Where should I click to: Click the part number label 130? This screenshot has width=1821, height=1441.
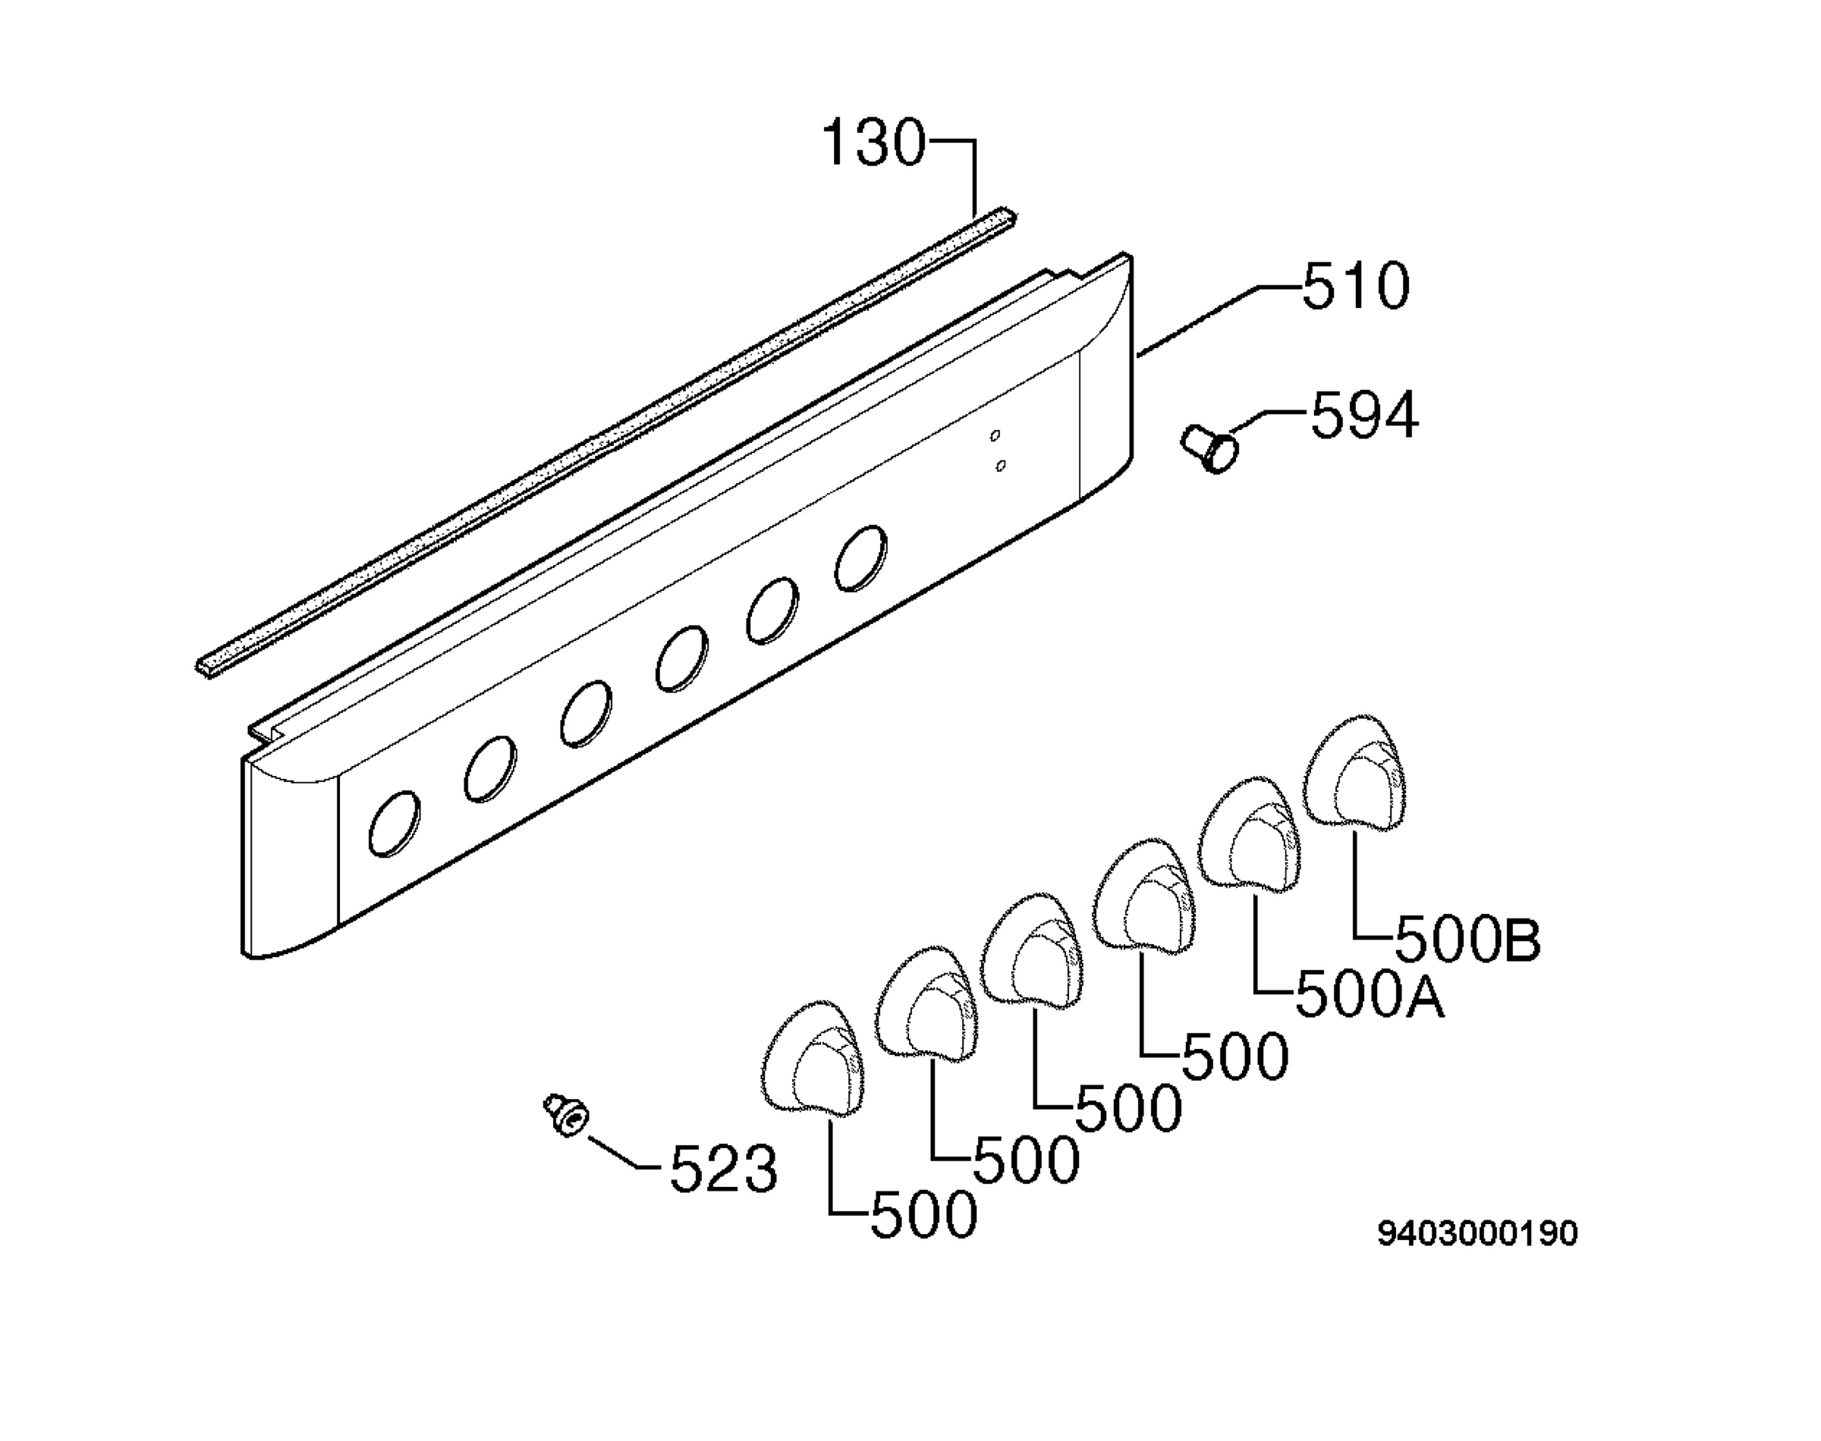click(873, 143)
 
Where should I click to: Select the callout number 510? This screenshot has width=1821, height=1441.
click(1355, 286)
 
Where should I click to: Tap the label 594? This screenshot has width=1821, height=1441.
click(1363, 415)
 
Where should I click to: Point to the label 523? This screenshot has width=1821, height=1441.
click(723, 1169)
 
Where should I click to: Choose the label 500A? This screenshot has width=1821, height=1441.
click(1370, 996)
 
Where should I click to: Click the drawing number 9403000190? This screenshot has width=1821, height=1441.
click(1477, 1233)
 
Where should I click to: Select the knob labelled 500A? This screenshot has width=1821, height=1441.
click(1252, 832)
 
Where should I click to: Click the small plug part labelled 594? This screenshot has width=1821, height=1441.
click(1210, 448)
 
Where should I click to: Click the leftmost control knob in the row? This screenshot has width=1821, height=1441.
click(813, 1060)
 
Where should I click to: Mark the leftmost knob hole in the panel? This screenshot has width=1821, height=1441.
click(395, 824)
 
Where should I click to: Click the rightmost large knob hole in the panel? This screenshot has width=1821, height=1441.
click(860, 557)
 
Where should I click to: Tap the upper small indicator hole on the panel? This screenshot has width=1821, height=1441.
click(995, 435)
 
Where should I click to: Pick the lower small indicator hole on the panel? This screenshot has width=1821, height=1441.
click(1001, 465)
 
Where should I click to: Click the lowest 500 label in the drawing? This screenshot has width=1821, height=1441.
click(924, 1216)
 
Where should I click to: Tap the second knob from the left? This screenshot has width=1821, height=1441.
click(926, 1005)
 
